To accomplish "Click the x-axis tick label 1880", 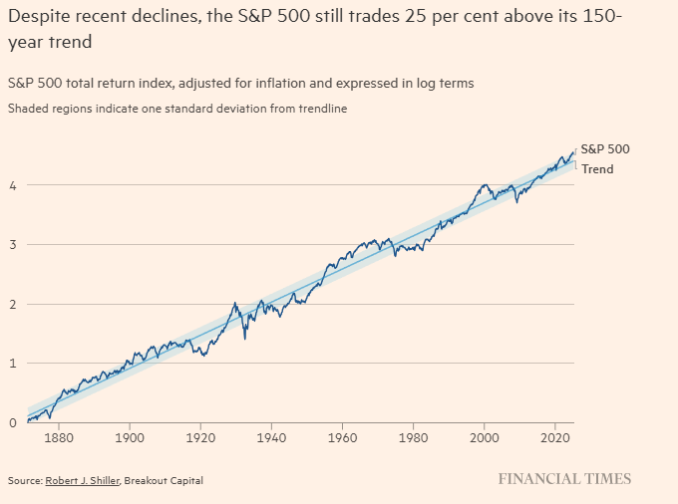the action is click(59, 438).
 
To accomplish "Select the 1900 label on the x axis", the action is click(130, 438).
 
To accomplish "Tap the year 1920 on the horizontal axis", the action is click(200, 438).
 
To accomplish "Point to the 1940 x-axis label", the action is click(271, 438).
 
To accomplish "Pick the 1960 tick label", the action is click(342, 438).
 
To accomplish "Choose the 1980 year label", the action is click(413, 438).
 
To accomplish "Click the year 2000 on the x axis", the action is click(485, 438).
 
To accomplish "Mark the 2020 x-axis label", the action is click(555, 438).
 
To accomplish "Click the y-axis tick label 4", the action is click(13, 186).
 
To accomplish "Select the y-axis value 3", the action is click(13, 245).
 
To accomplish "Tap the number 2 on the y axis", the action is click(13, 305).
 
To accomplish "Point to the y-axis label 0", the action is click(13, 422).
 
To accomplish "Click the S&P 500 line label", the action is click(605, 149).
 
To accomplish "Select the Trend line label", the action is click(597, 169).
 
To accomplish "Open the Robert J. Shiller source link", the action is click(82, 480).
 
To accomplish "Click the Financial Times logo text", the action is click(564, 479).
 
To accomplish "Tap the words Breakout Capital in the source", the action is click(164, 480).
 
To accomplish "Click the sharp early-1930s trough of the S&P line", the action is click(245, 339).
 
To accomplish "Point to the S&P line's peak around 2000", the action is click(485, 185).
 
